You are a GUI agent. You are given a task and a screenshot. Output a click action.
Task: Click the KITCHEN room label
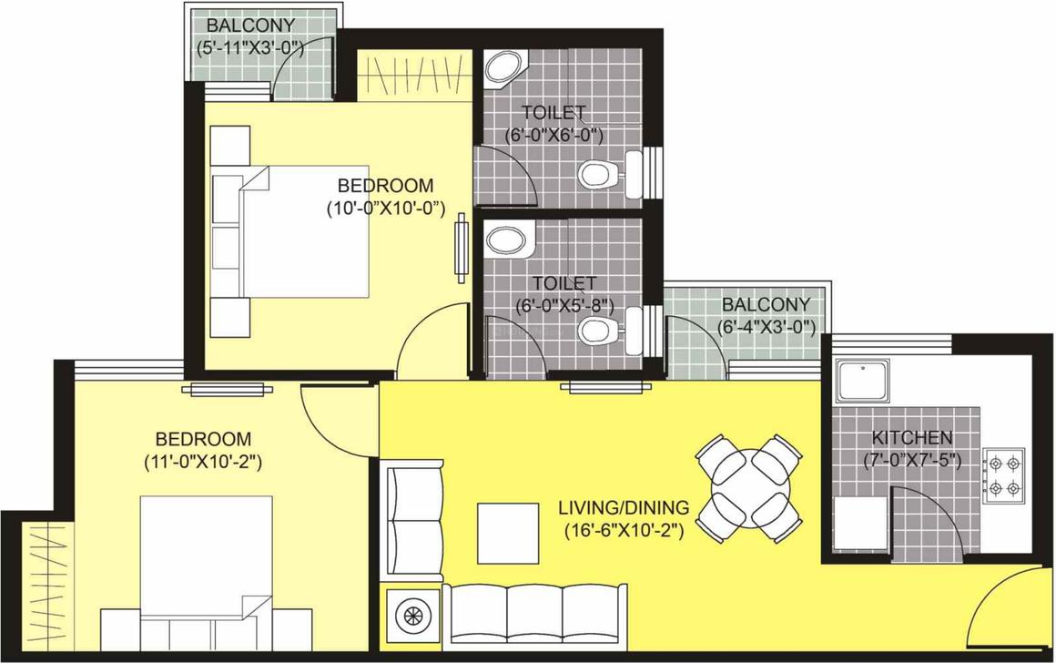coord(911,438)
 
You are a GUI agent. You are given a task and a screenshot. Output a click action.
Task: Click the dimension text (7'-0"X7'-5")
coord(911,461)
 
